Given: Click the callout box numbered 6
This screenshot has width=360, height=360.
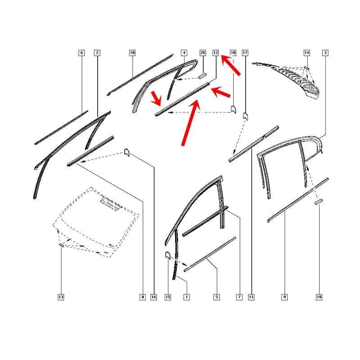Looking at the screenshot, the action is point(81,53).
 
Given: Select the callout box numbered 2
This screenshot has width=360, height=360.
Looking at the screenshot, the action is point(97,53).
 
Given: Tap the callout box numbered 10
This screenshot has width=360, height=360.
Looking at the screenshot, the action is point(132,53).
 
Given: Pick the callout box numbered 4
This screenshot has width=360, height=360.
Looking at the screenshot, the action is point(184,53).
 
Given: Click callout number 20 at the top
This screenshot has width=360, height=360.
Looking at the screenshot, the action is point(202,53).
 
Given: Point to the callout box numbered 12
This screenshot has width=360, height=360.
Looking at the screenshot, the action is point(216,53).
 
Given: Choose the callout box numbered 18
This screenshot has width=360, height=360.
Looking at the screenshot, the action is point(233,53).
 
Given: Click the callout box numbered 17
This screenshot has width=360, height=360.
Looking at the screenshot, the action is point(245,53).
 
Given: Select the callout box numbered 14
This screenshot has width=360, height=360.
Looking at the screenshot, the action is point(307,53).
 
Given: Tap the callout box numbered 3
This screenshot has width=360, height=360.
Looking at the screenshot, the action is point(325,53).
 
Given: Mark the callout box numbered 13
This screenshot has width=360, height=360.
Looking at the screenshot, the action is point(61,297).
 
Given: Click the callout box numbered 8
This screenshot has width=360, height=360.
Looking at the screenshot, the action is point(143,297).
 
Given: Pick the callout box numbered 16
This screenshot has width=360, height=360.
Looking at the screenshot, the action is point(153,297).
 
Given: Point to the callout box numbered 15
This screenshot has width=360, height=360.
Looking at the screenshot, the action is point(168,297).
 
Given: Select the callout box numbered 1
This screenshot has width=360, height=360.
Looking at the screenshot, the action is point(187,297).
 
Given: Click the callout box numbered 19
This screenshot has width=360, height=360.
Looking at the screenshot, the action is point(319,297).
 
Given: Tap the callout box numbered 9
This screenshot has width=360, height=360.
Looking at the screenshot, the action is point(284,297).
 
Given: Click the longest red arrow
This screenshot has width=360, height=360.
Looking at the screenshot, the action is point(190,123).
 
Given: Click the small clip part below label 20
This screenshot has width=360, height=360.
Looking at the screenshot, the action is point(203,76).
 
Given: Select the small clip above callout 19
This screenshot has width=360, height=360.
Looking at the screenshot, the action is point(319,202).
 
